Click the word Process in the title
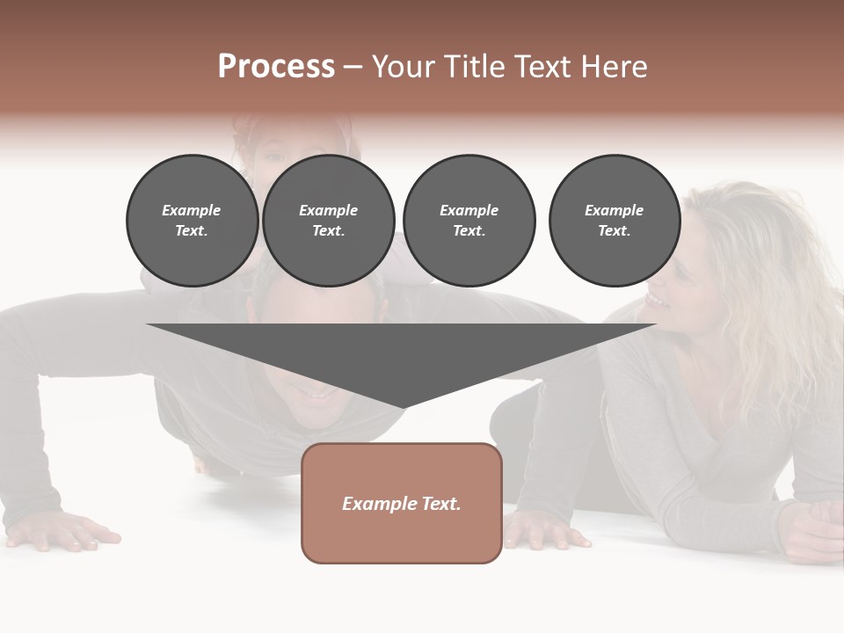tap(276, 67)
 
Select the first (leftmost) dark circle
tap(192, 221)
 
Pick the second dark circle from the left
tap(328, 221)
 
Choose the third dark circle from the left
tap(469, 221)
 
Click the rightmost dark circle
tap(614, 221)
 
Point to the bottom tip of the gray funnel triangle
tap(402, 407)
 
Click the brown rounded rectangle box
tap(402, 503)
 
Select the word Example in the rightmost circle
tap(614, 211)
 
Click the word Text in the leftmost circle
tap(191, 231)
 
